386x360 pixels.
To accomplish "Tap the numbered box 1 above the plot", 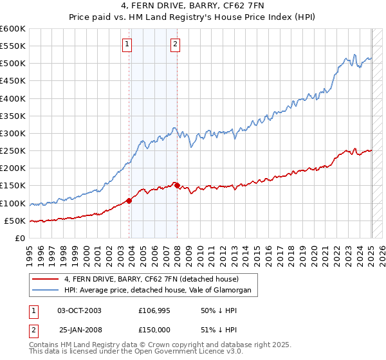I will point(127,44).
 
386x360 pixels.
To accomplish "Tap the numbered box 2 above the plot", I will point(175,44).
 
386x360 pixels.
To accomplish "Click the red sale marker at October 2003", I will point(129,201).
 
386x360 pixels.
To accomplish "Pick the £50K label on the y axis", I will point(15,221).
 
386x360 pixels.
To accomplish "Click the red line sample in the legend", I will point(45,279).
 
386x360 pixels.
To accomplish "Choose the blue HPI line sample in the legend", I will point(45,291).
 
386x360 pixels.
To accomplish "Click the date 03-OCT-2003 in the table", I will point(80,310).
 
